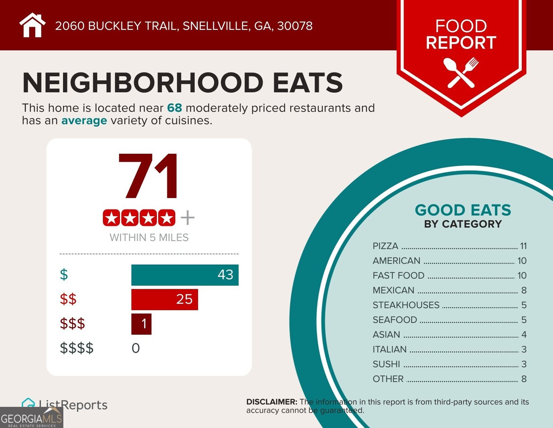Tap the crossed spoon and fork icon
tap(461, 72)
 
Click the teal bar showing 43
tap(185, 275)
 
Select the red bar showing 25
tap(165, 300)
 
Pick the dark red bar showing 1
tap(141, 324)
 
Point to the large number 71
tap(148, 177)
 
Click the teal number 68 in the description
tap(174, 108)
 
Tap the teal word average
tap(84, 121)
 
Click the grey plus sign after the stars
tap(188, 218)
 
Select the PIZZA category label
tap(385, 246)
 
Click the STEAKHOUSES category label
tap(406, 305)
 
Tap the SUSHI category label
tap(386, 364)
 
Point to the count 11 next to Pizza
tap(523, 246)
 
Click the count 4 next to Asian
tap(524, 335)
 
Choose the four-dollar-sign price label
tap(77, 348)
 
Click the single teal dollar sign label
tap(64, 275)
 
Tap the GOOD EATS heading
tap(463, 210)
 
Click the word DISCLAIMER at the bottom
tap(272, 402)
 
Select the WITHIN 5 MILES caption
tap(149, 238)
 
